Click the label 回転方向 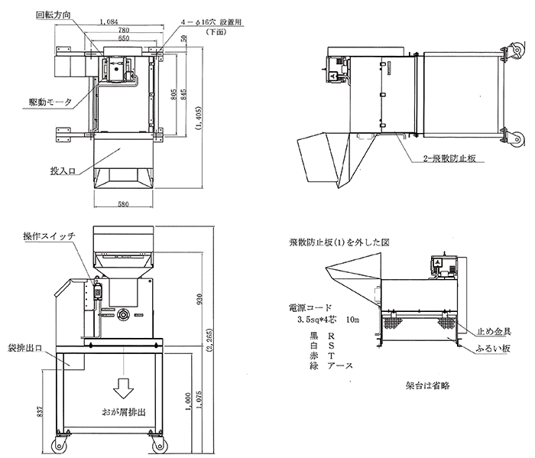click(56, 14)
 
